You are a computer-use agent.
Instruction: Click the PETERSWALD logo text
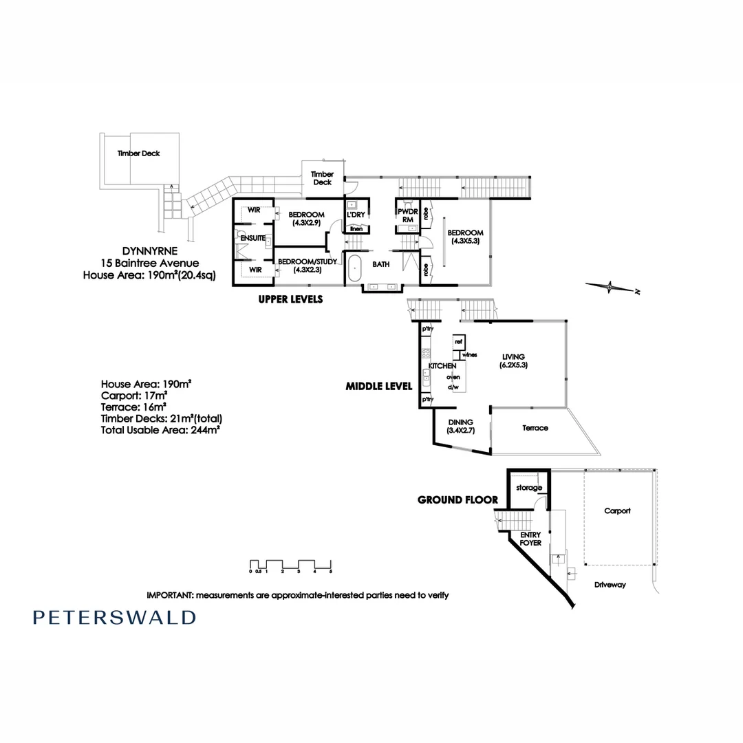(114, 617)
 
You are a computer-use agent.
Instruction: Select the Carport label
(617, 511)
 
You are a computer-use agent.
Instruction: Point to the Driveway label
(610, 584)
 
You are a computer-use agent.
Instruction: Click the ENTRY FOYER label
(530, 539)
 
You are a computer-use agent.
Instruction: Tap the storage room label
(530, 488)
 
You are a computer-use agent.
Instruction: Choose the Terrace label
(535, 428)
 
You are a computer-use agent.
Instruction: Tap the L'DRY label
(356, 215)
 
